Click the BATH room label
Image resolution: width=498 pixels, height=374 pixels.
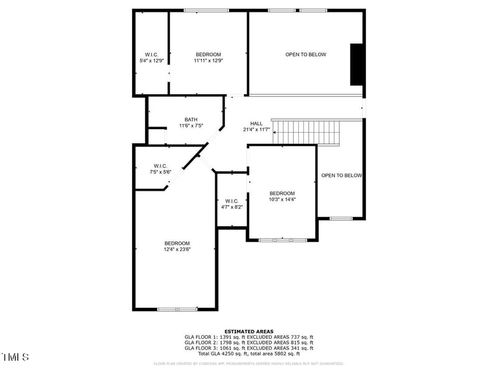click(x=191, y=119)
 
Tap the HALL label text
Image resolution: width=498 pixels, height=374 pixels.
click(x=256, y=123)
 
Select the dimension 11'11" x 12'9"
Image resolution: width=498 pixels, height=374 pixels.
click(x=208, y=61)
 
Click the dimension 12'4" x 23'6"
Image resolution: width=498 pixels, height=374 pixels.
click(x=177, y=249)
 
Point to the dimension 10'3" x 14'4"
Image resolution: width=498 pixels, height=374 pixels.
click(x=282, y=200)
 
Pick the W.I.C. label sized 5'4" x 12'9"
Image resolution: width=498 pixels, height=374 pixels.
click(x=151, y=54)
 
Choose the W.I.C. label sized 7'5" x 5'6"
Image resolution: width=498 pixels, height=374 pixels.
click(x=160, y=166)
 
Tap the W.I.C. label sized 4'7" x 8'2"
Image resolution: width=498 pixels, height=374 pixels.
click(x=232, y=201)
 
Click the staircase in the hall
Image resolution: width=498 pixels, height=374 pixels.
click(x=308, y=132)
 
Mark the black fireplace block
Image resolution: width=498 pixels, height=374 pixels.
click(x=357, y=64)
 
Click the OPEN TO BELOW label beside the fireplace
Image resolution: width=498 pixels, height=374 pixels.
click(x=306, y=55)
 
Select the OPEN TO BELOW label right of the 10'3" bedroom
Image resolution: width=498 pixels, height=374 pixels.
click(x=341, y=176)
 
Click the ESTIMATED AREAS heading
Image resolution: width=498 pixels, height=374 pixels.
click(x=248, y=332)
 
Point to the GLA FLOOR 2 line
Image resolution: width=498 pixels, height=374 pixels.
click(x=248, y=342)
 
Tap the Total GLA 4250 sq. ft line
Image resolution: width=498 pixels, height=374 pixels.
click(x=248, y=353)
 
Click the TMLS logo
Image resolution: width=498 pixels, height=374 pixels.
click(x=16, y=357)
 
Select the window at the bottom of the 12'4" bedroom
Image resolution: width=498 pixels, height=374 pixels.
click(x=177, y=309)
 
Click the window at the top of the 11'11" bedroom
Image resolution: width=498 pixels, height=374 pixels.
click(x=206, y=10)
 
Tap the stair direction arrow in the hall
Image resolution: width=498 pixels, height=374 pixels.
click(x=275, y=132)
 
